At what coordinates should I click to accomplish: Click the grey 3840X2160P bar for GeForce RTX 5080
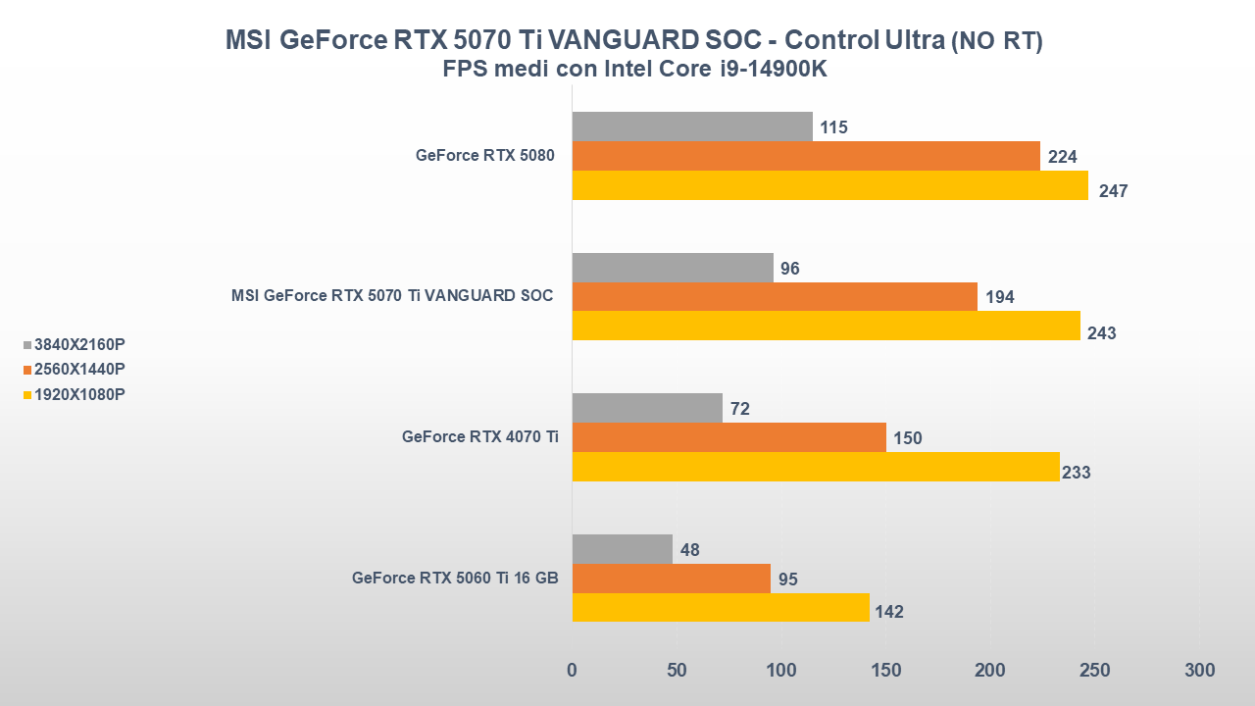(x=692, y=126)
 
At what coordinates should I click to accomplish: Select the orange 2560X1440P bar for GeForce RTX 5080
(x=806, y=156)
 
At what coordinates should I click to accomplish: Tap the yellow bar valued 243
(x=826, y=326)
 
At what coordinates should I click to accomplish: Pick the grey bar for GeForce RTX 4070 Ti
(x=647, y=408)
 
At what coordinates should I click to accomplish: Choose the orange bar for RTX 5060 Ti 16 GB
(x=671, y=579)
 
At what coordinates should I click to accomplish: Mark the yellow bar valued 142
(x=721, y=608)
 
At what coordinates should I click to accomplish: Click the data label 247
(x=1113, y=191)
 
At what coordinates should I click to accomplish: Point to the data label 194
(x=999, y=297)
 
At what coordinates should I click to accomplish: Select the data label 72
(x=739, y=409)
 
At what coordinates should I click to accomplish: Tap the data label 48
(x=689, y=550)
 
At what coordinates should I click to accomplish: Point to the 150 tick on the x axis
(x=885, y=671)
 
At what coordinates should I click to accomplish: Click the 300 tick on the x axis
(x=1199, y=671)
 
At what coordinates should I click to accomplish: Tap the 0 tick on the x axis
(x=573, y=671)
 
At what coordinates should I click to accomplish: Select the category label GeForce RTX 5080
(x=486, y=155)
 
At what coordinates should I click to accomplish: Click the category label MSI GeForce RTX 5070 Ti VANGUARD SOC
(x=392, y=295)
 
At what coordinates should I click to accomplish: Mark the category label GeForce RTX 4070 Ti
(x=479, y=437)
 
